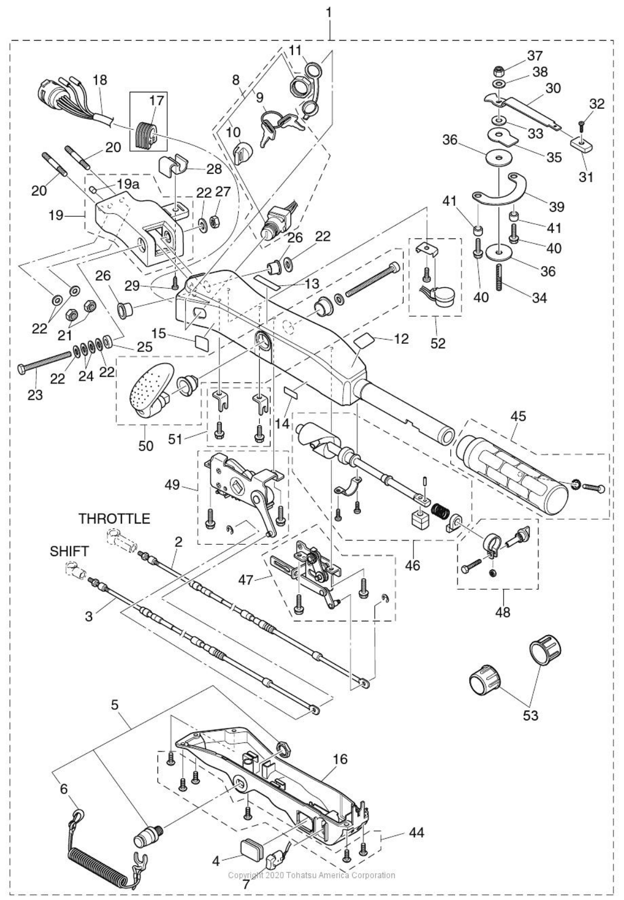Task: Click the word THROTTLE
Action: (x=114, y=519)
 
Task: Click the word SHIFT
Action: (x=69, y=551)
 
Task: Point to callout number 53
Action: (x=530, y=715)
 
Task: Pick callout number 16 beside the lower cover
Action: (x=341, y=759)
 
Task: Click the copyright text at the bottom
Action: (x=311, y=875)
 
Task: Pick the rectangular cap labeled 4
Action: (x=252, y=845)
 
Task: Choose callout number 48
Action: (x=503, y=612)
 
